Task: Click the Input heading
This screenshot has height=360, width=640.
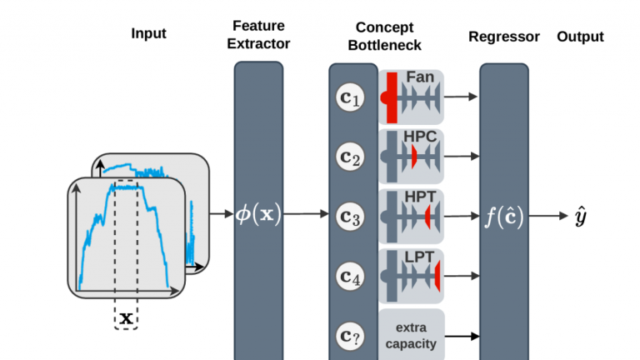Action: tap(148, 34)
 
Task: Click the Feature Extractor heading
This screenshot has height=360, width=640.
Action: tap(259, 36)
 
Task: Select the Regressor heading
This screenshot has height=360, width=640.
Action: tap(504, 37)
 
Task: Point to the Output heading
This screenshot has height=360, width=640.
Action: tap(580, 37)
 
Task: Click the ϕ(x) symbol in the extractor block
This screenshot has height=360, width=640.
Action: tap(259, 214)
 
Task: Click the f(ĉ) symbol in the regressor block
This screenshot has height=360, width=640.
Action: tap(504, 215)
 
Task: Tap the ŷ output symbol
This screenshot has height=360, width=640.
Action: tap(582, 217)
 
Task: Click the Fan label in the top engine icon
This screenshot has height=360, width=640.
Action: tap(420, 77)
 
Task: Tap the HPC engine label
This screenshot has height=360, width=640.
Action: tap(421, 136)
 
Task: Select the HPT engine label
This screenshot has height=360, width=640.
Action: tap(421, 197)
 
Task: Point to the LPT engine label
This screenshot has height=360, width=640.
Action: tap(421, 256)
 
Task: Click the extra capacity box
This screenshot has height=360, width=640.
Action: tap(411, 335)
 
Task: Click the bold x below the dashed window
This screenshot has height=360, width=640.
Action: tap(126, 317)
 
